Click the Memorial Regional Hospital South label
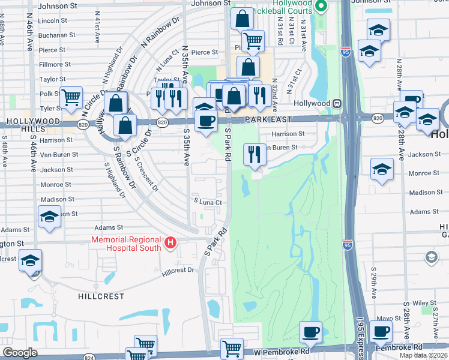click(x=126, y=243)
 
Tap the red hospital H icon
click(x=171, y=243)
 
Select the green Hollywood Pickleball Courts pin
click(x=321, y=7)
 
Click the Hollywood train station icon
click(x=338, y=103)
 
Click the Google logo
click(x=20, y=352)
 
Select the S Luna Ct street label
click(x=208, y=202)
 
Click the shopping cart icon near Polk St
click(x=71, y=96)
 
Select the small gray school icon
click(x=430, y=257)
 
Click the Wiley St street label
click(x=424, y=304)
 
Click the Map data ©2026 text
click(x=424, y=355)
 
